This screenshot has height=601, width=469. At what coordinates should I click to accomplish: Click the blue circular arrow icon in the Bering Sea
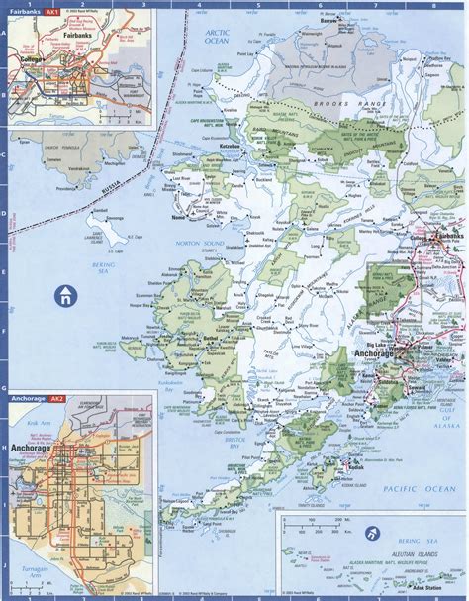[65, 294]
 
